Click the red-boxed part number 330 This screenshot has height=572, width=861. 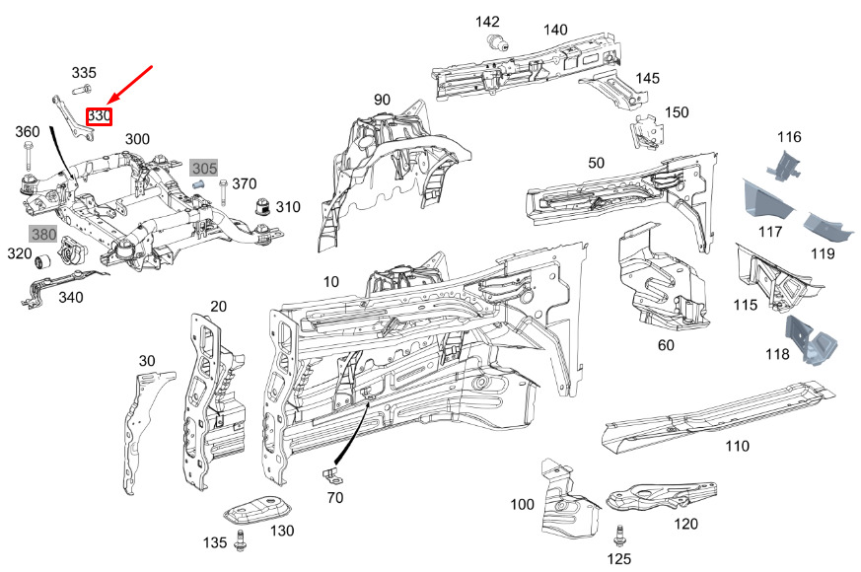point(99,116)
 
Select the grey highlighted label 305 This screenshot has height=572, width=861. point(204,168)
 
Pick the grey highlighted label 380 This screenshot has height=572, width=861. point(43,235)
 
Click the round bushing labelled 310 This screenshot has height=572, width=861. point(263,207)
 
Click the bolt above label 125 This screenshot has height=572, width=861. point(619,537)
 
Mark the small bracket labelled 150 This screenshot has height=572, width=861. point(647,131)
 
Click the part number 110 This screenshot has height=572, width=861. point(737,446)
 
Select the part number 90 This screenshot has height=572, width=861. point(382,100)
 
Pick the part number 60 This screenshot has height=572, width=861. point(666,345)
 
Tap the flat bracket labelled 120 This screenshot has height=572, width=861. point(661,496)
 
